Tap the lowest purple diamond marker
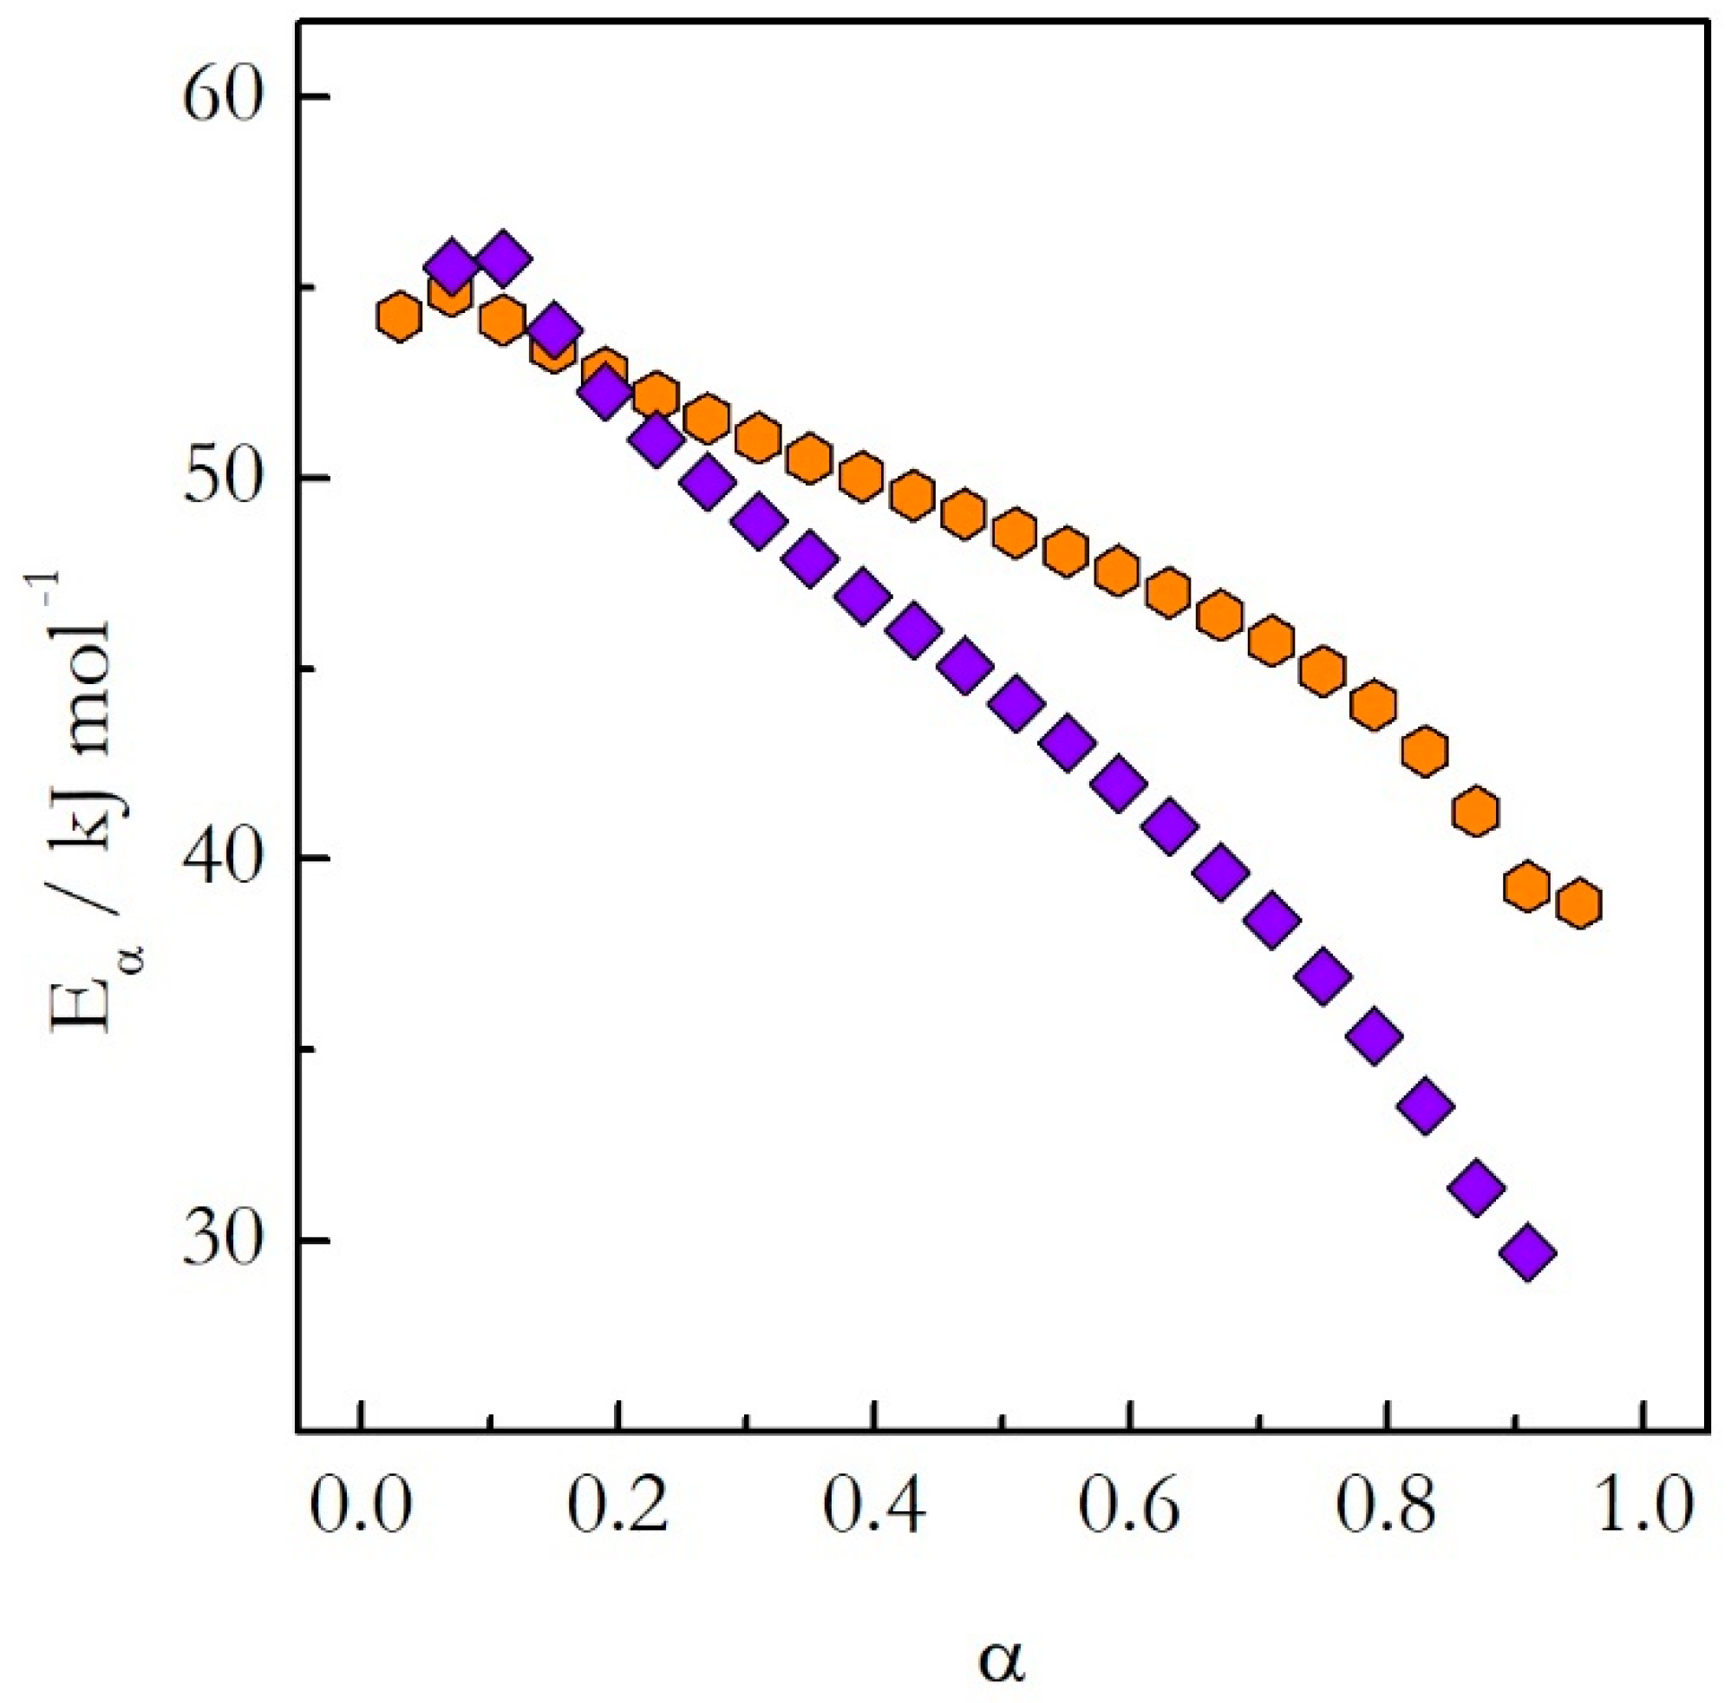click(1528, 1252)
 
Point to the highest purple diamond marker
click(503, 258)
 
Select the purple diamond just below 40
click(1220, 872)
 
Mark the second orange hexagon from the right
click(1527, 886)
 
